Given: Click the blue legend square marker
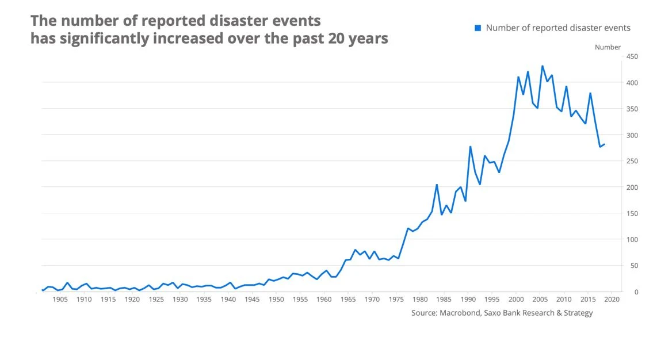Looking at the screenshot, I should pyautogui.click(x=478, y=28).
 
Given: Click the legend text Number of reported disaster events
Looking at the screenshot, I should pyautogui.click(x=558, y=28).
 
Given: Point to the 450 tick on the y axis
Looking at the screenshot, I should pyautogui.click(x=632, y=56).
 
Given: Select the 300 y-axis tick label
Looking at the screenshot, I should pyautogui.click(x=632, y=135).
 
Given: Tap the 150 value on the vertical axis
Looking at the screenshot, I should pyautogui.click(x=632, y=213).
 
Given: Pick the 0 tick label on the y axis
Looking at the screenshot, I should pyautogui.click(x=636, y=292).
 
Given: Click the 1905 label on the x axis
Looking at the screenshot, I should pyautogui.click(x=60, y=300).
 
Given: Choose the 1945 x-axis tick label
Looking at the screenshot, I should pyautogui.click(x=253, y=300).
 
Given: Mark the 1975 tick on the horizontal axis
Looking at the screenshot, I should pyautogui.click(x=396, y=300).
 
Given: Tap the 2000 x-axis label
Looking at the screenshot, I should pyautogui.click(x=516, y=300).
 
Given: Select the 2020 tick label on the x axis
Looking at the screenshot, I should pyautogui.click(x=612, y=300).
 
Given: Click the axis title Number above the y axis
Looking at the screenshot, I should pyautogui.click(x=608, y=47).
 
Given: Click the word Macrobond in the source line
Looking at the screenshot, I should pyautogui.click(x=463, y=313).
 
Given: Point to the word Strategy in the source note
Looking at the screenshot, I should pyautogui.click(x=576, y=313).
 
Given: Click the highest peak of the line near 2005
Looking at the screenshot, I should pyautogui.click(x=542, y=66).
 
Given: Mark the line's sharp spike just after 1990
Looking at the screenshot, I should pyautogui.click(x=470, y=147).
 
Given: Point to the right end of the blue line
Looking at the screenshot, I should pyautogui.click(x=605, y=144).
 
